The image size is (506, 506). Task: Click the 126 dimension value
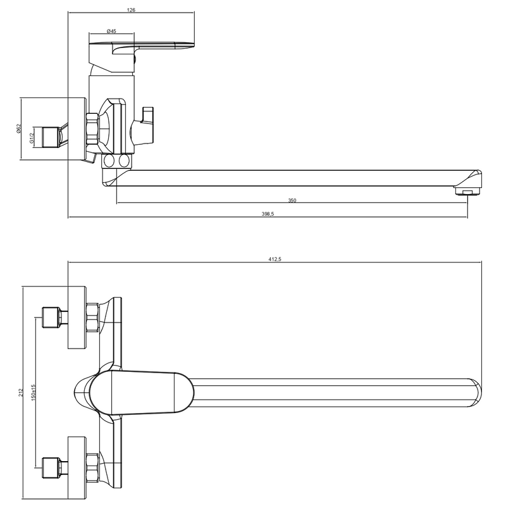coord(131,10)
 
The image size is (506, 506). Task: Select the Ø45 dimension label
coord(111,31)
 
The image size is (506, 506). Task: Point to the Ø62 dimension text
coord(18,128)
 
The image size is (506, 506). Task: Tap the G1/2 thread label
coord(32,138)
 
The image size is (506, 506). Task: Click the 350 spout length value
coord(292,201)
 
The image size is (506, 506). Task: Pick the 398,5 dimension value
coord(268,214)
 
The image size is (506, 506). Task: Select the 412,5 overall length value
coord(275,259)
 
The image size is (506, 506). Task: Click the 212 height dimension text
coord(22,392)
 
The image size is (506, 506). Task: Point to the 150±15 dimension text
coord(34,392)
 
